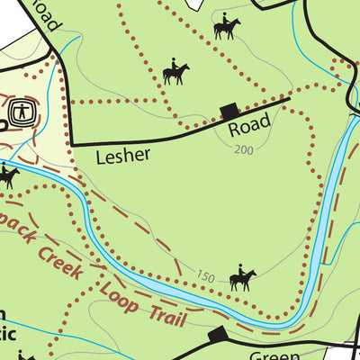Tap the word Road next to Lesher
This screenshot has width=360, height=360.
[x=248, y=130]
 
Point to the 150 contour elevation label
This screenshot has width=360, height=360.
[x=205, y=278]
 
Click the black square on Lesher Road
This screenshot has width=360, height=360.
[x=229, y=111]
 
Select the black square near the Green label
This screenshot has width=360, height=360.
[x=217, y=335]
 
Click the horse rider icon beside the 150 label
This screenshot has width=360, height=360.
[x=241, y=279]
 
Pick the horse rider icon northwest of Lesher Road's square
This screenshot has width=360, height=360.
[x=175, y=73]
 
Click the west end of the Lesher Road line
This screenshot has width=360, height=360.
[x=71, y=143]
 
